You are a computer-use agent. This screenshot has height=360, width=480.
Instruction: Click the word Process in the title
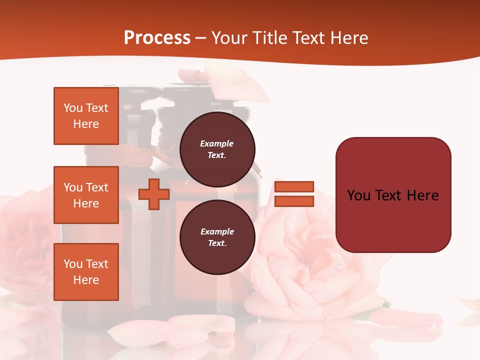[157, 38]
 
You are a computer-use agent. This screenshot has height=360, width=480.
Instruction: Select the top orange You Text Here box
[86, 116]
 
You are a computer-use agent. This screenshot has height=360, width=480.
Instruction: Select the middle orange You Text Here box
[86, 195]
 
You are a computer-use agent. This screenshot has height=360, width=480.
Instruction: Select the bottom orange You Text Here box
[86, 272]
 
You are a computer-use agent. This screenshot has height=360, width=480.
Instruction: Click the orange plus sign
[154, 194]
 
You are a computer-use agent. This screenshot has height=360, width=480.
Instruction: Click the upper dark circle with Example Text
[217, 149]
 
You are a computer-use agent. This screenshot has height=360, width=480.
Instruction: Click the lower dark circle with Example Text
[217, 237]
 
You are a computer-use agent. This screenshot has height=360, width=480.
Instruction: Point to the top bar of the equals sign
[294, 186]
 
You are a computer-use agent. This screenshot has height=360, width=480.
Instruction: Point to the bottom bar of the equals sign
[294, 201]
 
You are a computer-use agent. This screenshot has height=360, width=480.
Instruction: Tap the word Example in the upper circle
[217, 143]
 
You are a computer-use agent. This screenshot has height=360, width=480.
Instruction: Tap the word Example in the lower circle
[217, 231]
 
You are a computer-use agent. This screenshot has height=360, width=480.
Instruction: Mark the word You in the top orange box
[72, 108]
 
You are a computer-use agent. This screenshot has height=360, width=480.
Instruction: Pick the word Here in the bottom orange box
[86, 280]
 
